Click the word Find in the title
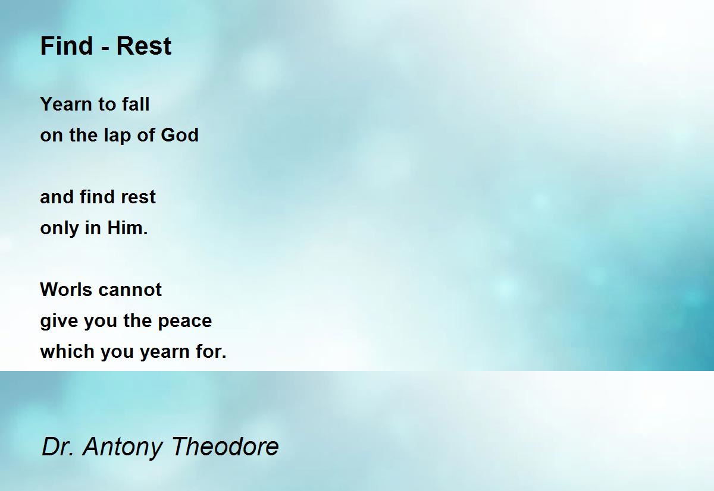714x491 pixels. (66, 46)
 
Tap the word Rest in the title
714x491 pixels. (144, 46)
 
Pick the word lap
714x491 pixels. (117, 136)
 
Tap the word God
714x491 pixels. (180, 135)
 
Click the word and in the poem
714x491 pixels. (57, 197)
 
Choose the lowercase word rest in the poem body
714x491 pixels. (138, 198)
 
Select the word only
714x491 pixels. (59, 229)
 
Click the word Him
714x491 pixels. (127, 228)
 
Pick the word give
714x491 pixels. (59, 321)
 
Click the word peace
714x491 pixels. (185, 322)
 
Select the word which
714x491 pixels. (67, 351)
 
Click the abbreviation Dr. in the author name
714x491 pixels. (58, 446)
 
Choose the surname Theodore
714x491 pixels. (225, 446)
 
